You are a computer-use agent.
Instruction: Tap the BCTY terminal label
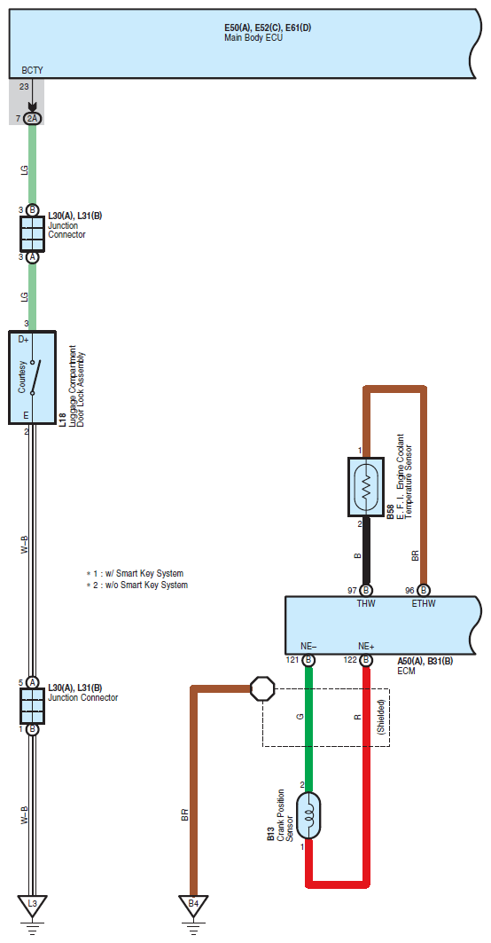coord(33,70)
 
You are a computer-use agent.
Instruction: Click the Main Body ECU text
coord(253,38)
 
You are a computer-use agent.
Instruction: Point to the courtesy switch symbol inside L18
coord(37,377)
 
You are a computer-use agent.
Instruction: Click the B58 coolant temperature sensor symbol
coord(365,486)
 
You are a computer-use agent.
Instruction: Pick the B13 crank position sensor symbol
coord(308,815)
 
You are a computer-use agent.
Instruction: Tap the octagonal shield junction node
coord(262,688)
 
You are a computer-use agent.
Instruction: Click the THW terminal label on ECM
coord(366,604)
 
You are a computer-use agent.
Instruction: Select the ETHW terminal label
coord(424,604)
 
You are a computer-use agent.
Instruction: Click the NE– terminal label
coord(308,647)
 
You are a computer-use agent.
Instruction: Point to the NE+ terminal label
coord(366,647)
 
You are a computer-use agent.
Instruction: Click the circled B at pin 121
coord(308,660)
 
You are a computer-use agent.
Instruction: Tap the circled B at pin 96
coord(424,591)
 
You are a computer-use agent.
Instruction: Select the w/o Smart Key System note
coord(137,585)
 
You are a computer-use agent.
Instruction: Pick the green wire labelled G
coord(308,723)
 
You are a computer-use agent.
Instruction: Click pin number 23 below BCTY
coord(24,87)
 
